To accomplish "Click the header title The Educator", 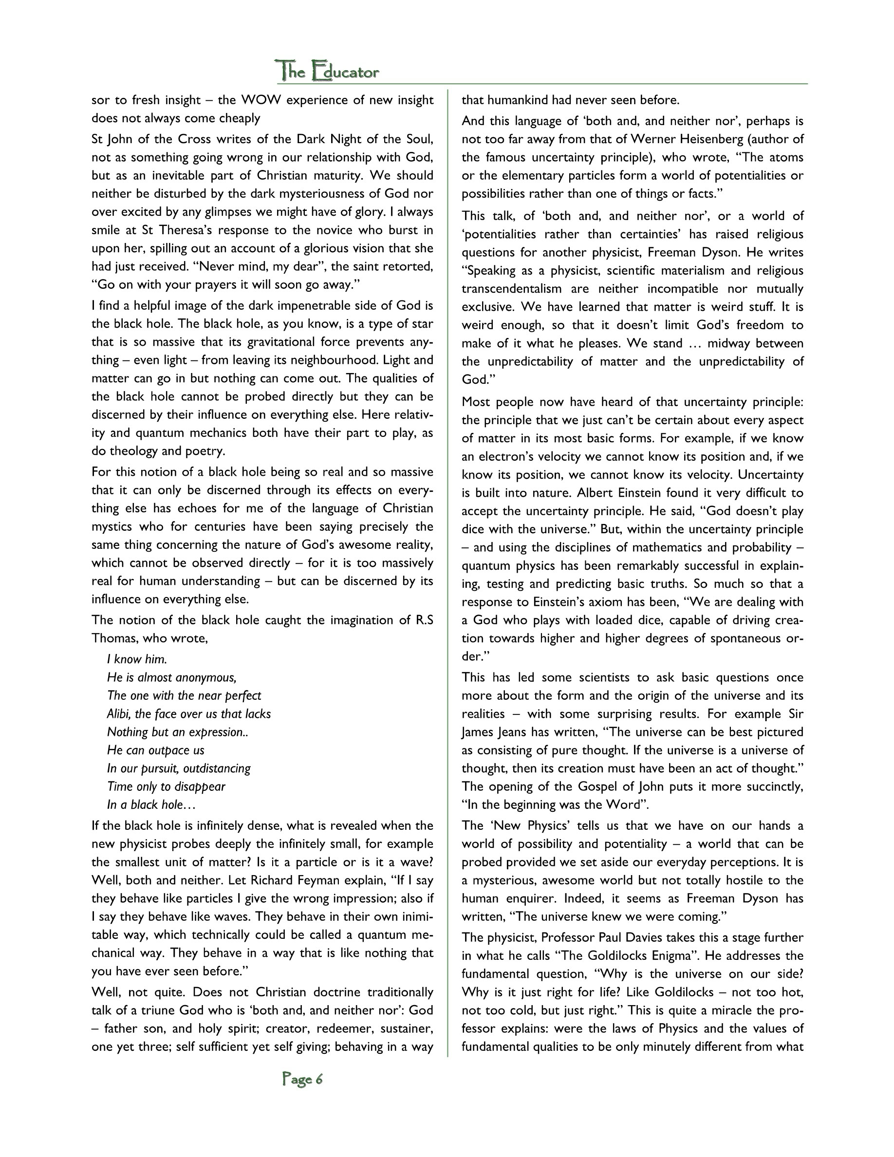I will click(x=328, y=71).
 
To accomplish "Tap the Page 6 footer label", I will click(x=302, y=1079).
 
